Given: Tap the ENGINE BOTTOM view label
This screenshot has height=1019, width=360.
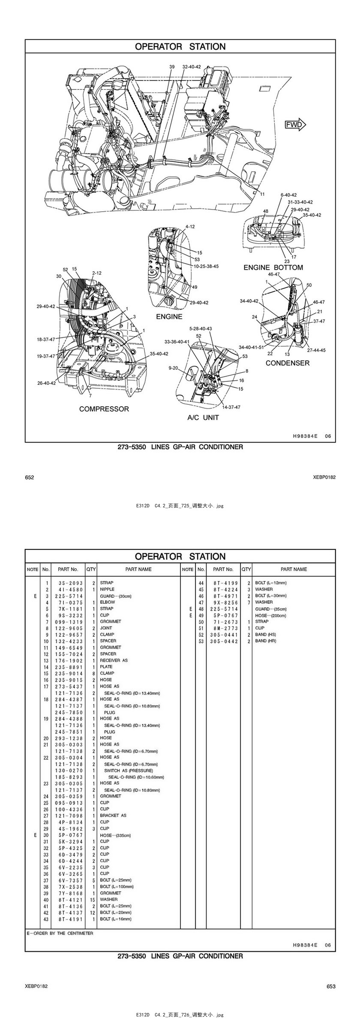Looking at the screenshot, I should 273,267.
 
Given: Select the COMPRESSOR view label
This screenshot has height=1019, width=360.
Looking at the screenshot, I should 104,409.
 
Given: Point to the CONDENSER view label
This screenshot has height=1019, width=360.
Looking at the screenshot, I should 287,363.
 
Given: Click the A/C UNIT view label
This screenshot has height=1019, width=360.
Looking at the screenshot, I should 203,417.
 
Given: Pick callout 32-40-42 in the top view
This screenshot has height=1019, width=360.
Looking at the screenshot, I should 191,67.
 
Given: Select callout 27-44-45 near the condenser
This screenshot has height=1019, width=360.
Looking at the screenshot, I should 316,350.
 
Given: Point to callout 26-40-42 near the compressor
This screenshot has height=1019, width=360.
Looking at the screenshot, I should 46,383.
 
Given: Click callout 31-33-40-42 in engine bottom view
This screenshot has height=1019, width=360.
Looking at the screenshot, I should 300,202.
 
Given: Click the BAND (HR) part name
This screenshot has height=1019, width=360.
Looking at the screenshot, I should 265,641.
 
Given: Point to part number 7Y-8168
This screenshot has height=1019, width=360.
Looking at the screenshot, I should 69,893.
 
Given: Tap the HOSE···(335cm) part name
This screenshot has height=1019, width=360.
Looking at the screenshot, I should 115,835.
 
